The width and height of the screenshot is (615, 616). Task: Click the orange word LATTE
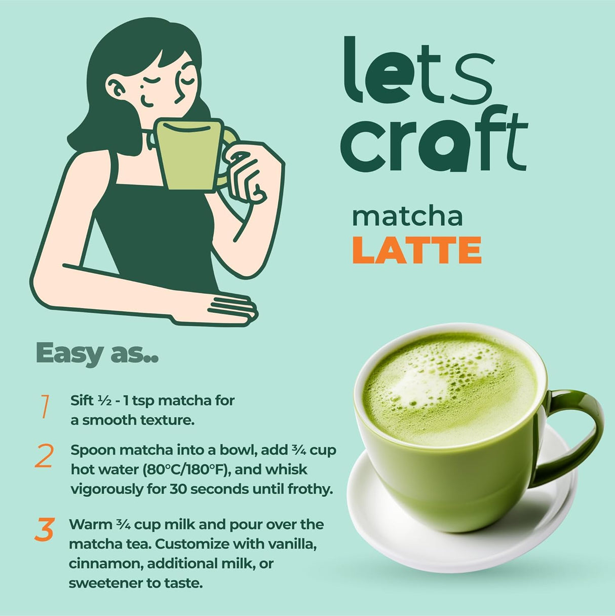click(x=416, y=250)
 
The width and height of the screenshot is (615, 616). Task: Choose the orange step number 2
click(x=44, y=456)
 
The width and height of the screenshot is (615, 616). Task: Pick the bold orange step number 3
click(x=45, y=529)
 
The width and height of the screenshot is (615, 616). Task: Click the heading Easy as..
click(x=97, y=353)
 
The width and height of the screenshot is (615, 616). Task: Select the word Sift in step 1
click(x=82, y=401)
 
